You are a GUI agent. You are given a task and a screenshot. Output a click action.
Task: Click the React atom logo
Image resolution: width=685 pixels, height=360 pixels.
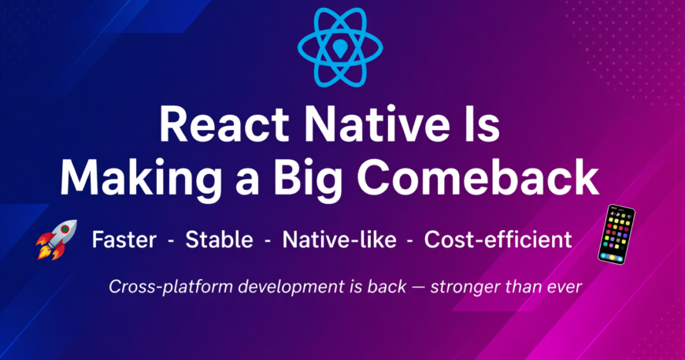(x=340, y=47)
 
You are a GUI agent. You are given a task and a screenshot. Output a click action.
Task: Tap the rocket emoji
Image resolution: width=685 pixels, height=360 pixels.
(x=57, y=239)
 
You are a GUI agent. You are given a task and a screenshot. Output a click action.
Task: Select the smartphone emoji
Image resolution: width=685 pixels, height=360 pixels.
(x=616, y=235)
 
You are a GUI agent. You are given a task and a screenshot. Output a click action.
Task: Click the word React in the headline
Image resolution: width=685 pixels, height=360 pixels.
(x=224, y=124)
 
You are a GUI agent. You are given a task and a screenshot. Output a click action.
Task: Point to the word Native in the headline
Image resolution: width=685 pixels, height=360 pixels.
(x=377, y=124)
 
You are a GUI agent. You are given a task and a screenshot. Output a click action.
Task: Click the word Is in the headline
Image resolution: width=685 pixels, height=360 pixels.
(x=483, y=124)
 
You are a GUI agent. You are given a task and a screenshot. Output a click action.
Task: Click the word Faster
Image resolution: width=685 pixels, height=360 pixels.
(x=124, y=239)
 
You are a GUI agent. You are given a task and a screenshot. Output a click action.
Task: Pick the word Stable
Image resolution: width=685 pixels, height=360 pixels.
(x=220, y=239)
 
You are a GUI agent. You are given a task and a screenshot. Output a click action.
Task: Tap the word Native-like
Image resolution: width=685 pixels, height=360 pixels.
(x=339, y=239)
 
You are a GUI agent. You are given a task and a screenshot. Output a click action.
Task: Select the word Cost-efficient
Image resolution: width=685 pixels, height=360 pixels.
(x=498, y=239)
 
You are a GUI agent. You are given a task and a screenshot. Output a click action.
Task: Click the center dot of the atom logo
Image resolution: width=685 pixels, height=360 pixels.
(x=340, y=47)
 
